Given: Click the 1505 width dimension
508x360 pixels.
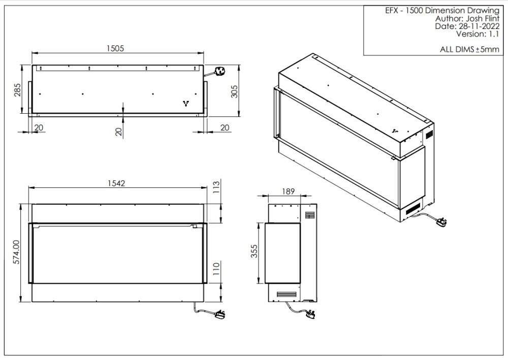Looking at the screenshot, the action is [115, 49].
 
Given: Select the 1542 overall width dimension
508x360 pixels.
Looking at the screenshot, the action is [116, 184].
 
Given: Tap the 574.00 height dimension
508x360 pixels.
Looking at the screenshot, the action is [17, 252].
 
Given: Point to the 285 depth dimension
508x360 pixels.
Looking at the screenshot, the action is [17, 90].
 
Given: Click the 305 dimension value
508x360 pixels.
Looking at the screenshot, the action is [234, 91].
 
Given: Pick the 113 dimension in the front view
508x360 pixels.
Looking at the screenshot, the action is [216, 187].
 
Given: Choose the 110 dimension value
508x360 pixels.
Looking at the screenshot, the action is [216, 269].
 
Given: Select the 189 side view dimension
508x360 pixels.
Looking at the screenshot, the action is [288, 191].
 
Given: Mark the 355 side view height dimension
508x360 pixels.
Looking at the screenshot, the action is [255, 251].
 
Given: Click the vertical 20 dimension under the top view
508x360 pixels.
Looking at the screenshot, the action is [119, 132].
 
